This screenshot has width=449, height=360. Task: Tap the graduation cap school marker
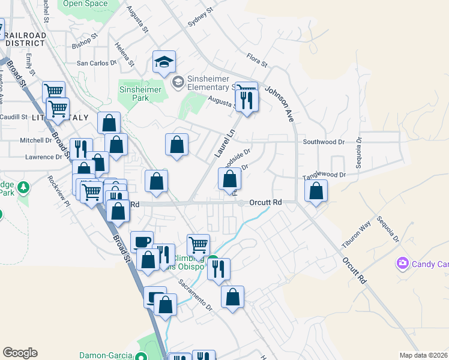(163, 61)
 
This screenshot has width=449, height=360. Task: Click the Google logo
(20, 353)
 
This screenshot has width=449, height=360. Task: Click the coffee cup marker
(142, 242)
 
